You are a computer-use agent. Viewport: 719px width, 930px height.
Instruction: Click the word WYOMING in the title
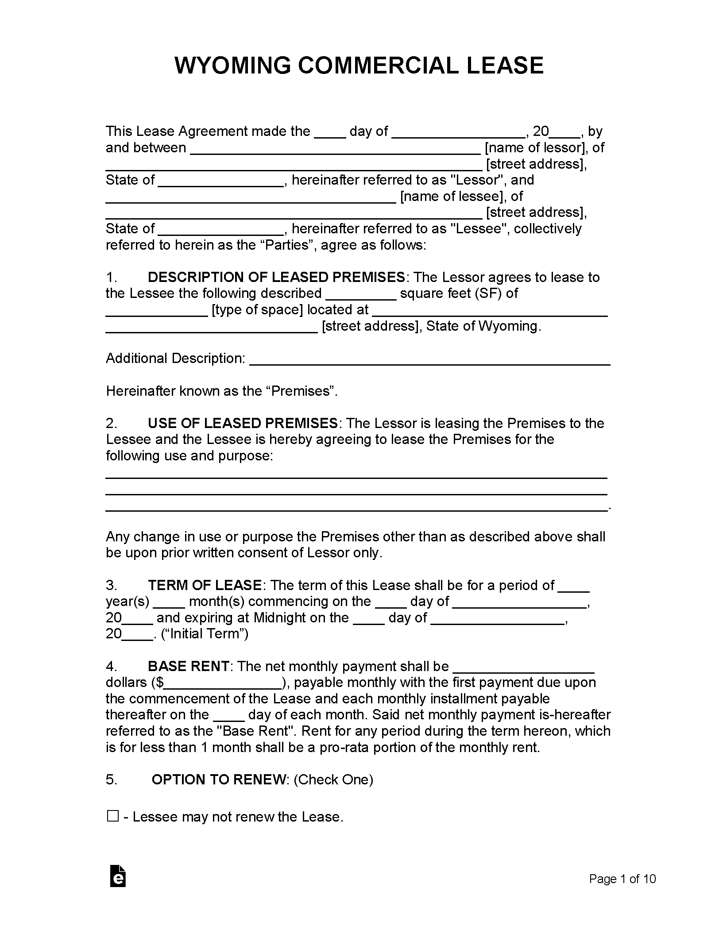tap(232, 66)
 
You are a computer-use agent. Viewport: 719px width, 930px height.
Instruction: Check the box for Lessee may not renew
tap(112, 816)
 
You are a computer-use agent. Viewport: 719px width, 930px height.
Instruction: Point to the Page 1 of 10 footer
tap(622, 879)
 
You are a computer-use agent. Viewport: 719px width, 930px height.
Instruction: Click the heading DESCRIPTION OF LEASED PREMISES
tap(276, 277)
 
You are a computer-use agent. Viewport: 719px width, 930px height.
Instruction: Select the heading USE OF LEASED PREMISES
tap(243, 423)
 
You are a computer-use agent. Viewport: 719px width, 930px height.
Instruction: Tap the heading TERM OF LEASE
tap(205, 585)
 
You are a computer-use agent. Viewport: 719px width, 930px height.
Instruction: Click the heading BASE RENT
tap(189, 666)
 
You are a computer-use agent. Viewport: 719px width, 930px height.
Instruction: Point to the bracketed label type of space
tap(257, 309)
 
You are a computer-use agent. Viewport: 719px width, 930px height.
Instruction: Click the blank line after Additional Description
tap(429, 359)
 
